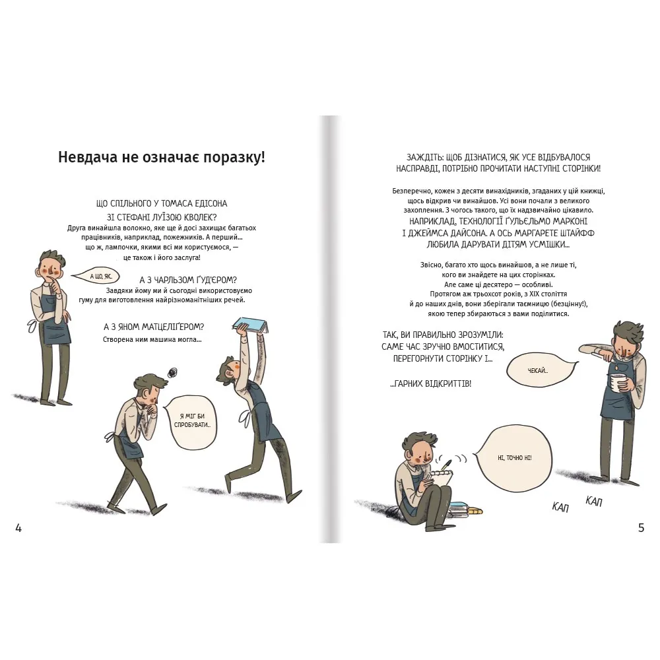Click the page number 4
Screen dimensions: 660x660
tap(18, 528)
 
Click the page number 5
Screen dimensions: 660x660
tap(641, 528)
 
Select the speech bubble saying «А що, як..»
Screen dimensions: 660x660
tap(96, 277)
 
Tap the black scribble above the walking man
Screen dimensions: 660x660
tap(172, 372)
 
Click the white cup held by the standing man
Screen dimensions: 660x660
tap(616, 383)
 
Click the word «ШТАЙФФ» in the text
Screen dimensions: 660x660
tap(576, 233)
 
